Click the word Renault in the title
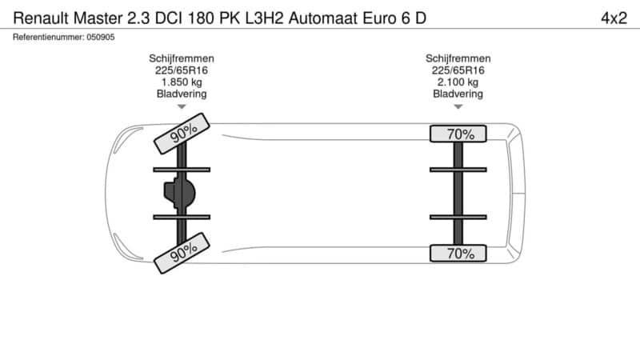click(41, 18)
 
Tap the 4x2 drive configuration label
click(614, 18)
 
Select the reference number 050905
click(101, 37)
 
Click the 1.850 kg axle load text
click(182, 82)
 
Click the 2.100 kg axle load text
click(458, 82)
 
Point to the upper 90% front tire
click(182, 134)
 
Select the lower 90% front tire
click(182, 253)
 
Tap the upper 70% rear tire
click(458, 134)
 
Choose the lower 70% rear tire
click(458, 254)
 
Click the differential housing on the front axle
click(179, 193)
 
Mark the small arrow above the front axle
click(182, 107)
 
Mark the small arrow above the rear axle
click(458, 107)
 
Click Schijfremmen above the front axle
click(182, 58)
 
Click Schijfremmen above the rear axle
click(458, 58)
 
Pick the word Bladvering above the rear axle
click(458, 94)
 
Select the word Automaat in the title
click(323, 18)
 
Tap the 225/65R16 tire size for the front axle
click(182, 70)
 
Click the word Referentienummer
click(49, 37)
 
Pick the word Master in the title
click(98, 18)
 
